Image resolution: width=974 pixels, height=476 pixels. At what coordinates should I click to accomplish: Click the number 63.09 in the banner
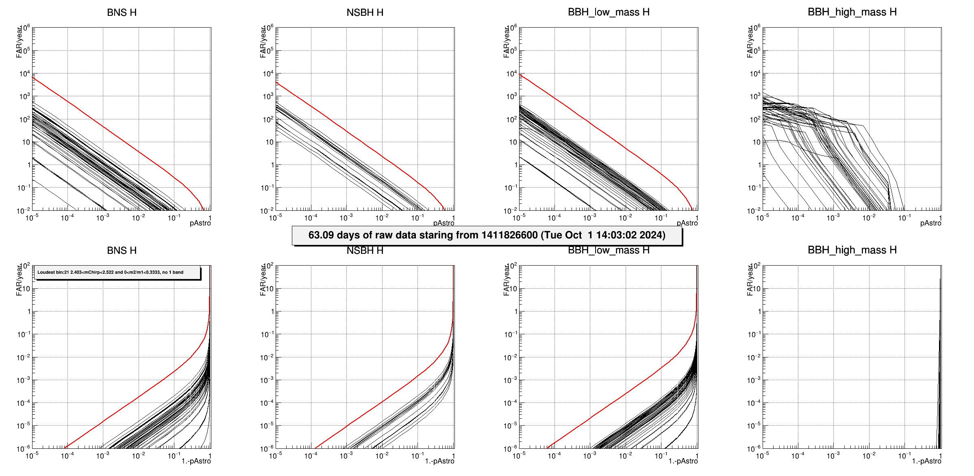pos(321,235)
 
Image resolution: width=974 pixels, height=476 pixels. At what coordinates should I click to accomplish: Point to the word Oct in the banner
pos(574,235)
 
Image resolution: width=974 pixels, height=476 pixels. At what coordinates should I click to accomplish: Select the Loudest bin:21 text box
pos(117,273)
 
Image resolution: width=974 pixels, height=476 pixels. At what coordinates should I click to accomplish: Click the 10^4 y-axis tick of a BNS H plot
pos(24,74)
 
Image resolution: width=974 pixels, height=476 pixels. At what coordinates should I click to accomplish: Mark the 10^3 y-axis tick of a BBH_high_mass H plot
pos(755,97)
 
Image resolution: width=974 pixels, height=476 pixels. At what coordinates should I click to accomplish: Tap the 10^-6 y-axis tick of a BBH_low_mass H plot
pos(511,449)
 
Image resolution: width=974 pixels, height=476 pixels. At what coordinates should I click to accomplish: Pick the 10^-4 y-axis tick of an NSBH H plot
pos(268,403)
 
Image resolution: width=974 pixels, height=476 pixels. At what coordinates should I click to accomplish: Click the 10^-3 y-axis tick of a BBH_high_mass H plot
pos(755,381)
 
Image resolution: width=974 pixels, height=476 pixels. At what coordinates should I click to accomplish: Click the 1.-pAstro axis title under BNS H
pos(196,461)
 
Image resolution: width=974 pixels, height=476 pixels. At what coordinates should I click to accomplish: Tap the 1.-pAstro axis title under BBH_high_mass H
pos(926,461)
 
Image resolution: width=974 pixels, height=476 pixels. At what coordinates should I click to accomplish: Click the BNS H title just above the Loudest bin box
pos(122,251)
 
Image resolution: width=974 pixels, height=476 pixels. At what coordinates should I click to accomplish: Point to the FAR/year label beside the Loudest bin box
pos(19,280)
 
